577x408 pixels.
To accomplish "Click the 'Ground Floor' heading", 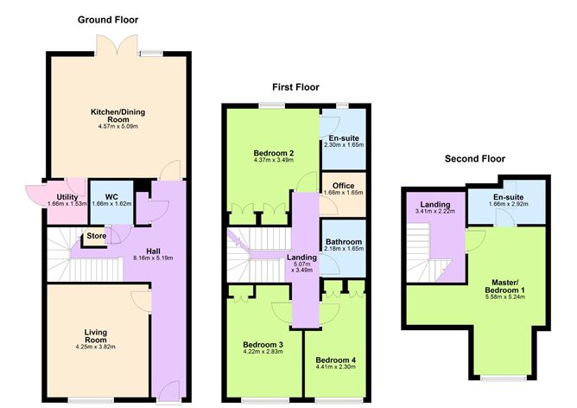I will coord(108,19).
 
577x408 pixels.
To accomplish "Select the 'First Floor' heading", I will coord(295,87).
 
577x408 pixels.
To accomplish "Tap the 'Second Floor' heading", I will coord(474,159).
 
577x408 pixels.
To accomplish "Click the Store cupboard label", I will coord(94,235).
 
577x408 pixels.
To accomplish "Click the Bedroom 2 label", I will coord(272,154).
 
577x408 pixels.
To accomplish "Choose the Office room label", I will coord(344,183).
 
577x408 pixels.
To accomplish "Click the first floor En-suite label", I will coord(343,139).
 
